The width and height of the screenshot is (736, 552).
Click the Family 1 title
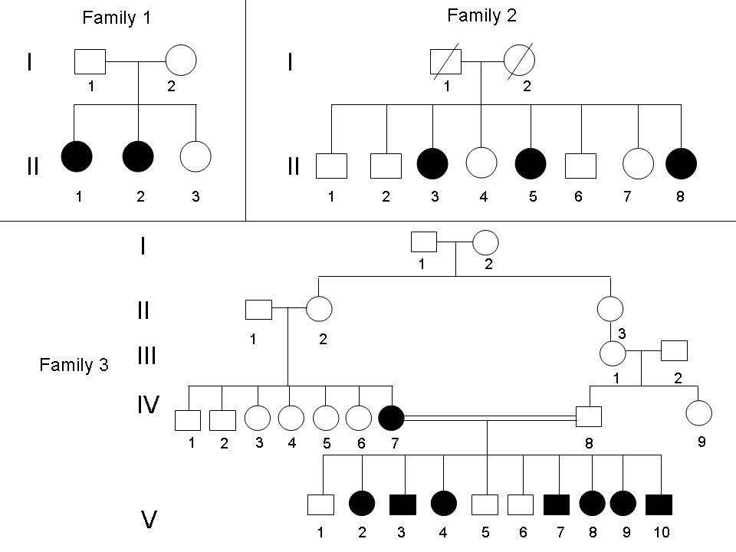click(117, 19)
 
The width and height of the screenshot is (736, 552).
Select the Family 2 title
click(481, 15)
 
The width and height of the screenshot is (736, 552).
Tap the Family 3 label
click(74, 365)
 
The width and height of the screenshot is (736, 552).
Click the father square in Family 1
click(90, 61)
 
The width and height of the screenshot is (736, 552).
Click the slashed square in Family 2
click(445, 62)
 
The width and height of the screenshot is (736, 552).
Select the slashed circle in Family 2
click(518, 61)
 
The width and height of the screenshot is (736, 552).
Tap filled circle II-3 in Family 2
click(433, 164)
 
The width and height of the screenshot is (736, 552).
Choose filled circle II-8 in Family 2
click(682, 164)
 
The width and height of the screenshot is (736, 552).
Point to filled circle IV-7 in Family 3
click(392, 418)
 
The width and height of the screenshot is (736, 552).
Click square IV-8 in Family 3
click(589, 418)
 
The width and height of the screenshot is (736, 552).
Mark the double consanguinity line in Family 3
click(490, 419)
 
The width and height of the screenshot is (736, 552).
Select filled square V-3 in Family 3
click(403, 504)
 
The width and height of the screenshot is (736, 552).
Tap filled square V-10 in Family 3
click(659, 504)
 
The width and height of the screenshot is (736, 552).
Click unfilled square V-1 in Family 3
click(320, 504)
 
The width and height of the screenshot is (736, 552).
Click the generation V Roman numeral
click(149, 521)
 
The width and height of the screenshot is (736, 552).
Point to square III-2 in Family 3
click(674, 350)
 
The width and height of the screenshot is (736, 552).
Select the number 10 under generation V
click(659, 531)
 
